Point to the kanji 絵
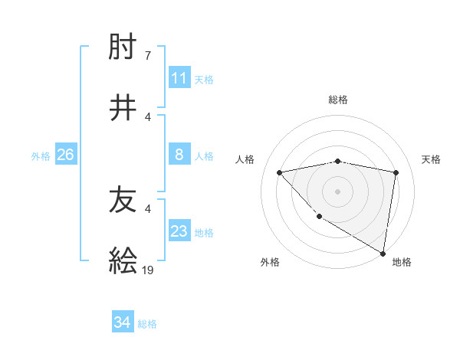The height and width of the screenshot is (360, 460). click(123, 260)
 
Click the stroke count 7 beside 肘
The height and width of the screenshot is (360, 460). click(147, 56)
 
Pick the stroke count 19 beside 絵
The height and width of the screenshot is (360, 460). click(149, 270)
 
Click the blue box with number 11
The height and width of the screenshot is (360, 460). click(179, 78)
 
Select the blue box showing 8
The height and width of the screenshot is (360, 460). click(179, 155)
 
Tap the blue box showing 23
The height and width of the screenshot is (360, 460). click(179, 231)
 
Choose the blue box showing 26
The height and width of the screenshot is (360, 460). click(65, 155)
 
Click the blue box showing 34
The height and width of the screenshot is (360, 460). click(123, 323)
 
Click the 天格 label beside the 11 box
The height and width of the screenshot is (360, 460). click(204, 79)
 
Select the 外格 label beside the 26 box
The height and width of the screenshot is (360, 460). click(41, 155)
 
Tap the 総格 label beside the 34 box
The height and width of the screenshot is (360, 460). click(147, 324)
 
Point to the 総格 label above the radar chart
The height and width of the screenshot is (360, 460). click(338, 100)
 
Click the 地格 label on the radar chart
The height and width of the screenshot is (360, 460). click(402, 262)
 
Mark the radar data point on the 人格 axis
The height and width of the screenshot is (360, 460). click(280, 172)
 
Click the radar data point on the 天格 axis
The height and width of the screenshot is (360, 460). click(396, 172)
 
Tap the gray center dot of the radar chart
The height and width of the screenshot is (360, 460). click(338, 191)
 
